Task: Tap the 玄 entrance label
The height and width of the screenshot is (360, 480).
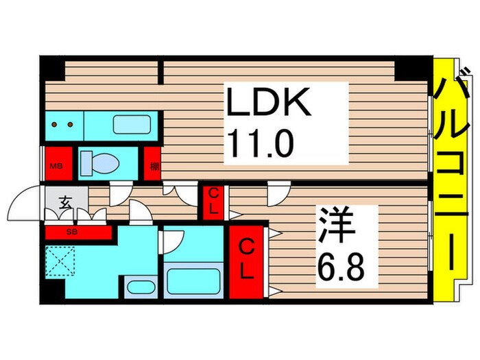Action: click(x=65, y=202)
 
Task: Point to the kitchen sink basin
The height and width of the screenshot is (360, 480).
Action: click(x=134, y=125)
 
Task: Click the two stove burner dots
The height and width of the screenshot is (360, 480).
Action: click(x=64, y=125)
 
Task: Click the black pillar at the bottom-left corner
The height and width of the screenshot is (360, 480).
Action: click(x=49, y=295)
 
